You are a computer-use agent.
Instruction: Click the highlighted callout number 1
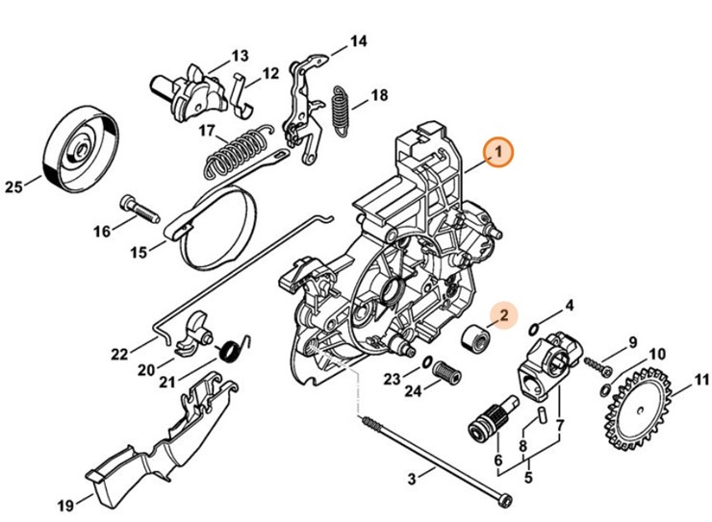498,152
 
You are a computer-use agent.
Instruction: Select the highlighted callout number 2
502,314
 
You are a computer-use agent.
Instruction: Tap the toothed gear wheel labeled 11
640,412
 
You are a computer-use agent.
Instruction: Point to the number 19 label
65,505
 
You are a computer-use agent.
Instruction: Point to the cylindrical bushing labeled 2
473,339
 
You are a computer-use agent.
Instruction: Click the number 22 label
119,354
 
